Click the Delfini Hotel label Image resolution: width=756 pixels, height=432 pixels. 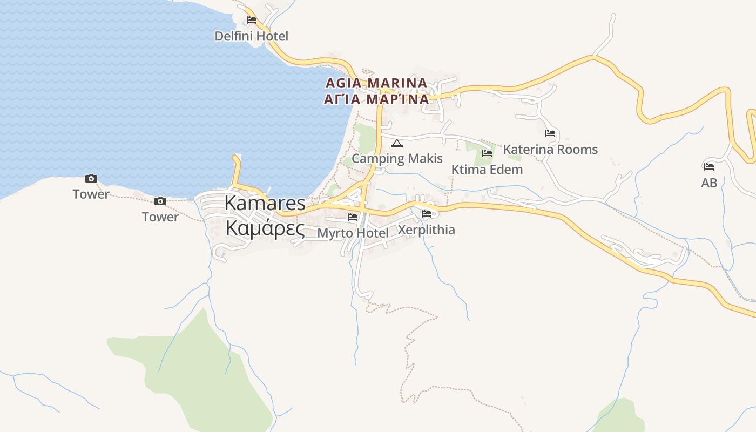click(251, 36)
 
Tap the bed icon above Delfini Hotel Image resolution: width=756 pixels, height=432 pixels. click(251, 20)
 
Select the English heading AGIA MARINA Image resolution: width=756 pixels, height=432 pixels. click(376, 83)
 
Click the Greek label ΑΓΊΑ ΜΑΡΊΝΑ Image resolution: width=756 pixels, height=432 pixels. click(376, 99)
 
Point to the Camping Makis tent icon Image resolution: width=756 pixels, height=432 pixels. click(397, 143)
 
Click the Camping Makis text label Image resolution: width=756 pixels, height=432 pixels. click(397, 158)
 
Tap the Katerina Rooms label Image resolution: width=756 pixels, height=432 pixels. click(550, 149)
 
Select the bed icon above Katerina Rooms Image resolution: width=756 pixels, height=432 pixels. click(550, 133)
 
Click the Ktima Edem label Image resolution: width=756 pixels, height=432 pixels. click(487, 170)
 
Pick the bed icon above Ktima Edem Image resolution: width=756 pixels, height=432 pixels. click(487, 153)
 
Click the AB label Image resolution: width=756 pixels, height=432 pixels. click(709, 183)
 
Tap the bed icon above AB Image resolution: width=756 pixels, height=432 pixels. click(709, 167)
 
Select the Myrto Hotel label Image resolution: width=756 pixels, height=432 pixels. click(353, 233)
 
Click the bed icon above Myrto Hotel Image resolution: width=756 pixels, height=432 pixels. click(353, 217)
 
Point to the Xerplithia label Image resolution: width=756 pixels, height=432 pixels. click(426, 230)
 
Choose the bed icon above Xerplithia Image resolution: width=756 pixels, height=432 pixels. click(426, 213)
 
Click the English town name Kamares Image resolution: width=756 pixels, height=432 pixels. click(265, 203)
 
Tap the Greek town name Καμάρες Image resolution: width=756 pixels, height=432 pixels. click(265, 228)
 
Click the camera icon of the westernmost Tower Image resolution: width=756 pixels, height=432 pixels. click(91, 178)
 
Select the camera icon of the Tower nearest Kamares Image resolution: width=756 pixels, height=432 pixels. click(160, 201)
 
